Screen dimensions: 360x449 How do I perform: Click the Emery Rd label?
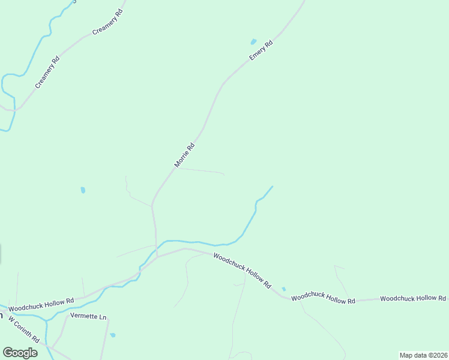tap(261, 50)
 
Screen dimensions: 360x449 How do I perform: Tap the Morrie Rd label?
tap(184, 155)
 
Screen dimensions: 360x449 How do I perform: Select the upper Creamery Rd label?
tap(107, 23)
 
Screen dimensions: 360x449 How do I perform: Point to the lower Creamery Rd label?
tap(47, 72)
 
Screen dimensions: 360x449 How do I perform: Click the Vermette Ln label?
tap(88, 316)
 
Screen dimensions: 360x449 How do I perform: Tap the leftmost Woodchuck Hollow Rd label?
tap(41, 304)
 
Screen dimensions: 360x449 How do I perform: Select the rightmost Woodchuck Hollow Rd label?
tap(413, 298)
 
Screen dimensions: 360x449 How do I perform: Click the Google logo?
tap(20, 352)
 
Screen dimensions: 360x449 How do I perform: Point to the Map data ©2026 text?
tap(424, 355)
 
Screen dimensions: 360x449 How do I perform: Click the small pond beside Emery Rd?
tap(253, 42)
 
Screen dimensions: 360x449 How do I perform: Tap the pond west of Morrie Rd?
tap(83, 190)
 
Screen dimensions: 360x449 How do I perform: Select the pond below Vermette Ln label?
tap(113, 335)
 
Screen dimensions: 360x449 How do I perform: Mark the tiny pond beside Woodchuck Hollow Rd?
tap(283, 289)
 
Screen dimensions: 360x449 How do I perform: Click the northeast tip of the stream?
tap(272, 187)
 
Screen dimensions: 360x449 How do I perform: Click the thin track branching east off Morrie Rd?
tap(201, 170)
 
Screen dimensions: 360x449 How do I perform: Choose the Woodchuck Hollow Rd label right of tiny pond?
tap(324, 298)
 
